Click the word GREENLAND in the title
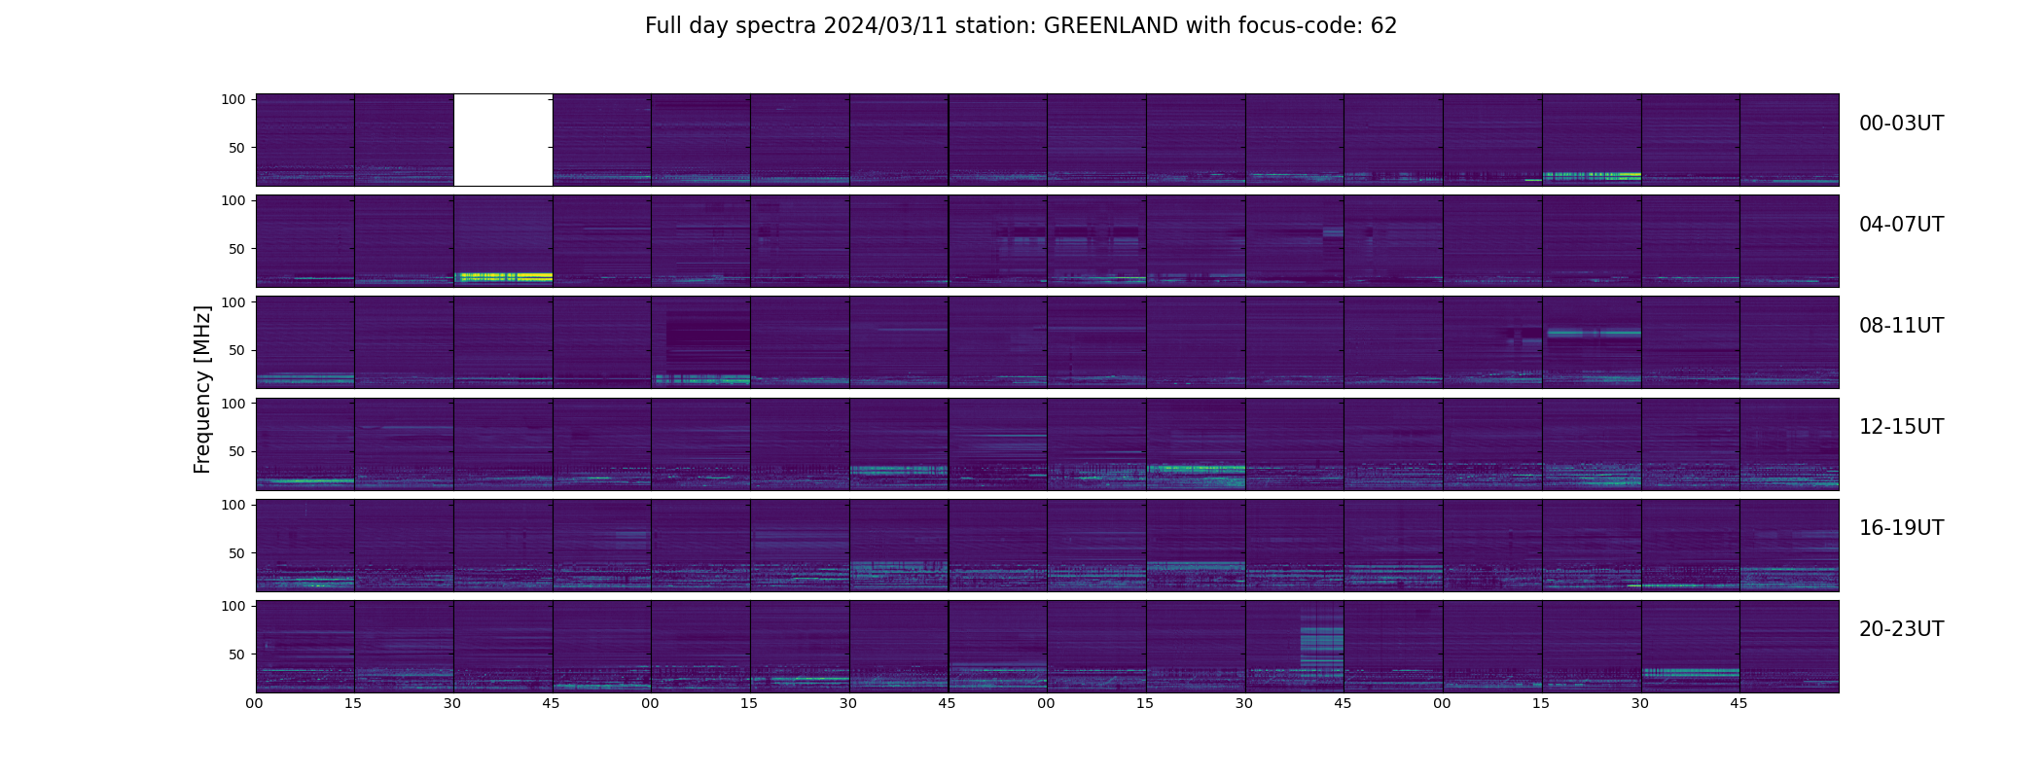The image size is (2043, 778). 1111,26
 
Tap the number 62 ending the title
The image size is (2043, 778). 1383,26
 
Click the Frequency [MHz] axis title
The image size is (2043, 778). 202,390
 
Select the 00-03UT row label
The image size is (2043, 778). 1901,124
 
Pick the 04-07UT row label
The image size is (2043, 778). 1901,225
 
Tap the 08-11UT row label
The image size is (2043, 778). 1901,326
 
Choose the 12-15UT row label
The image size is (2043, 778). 1901,427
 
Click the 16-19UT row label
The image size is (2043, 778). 1901,528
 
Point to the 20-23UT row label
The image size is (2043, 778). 1901,629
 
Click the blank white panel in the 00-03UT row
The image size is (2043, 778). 503,139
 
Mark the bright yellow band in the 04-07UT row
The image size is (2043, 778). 503,277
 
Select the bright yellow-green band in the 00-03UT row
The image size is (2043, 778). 1592,176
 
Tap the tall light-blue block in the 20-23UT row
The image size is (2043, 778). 1321,644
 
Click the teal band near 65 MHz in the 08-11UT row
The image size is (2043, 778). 1592,333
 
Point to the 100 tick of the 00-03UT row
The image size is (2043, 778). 233,99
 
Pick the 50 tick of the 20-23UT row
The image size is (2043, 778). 236,654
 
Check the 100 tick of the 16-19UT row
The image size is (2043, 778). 233,505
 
